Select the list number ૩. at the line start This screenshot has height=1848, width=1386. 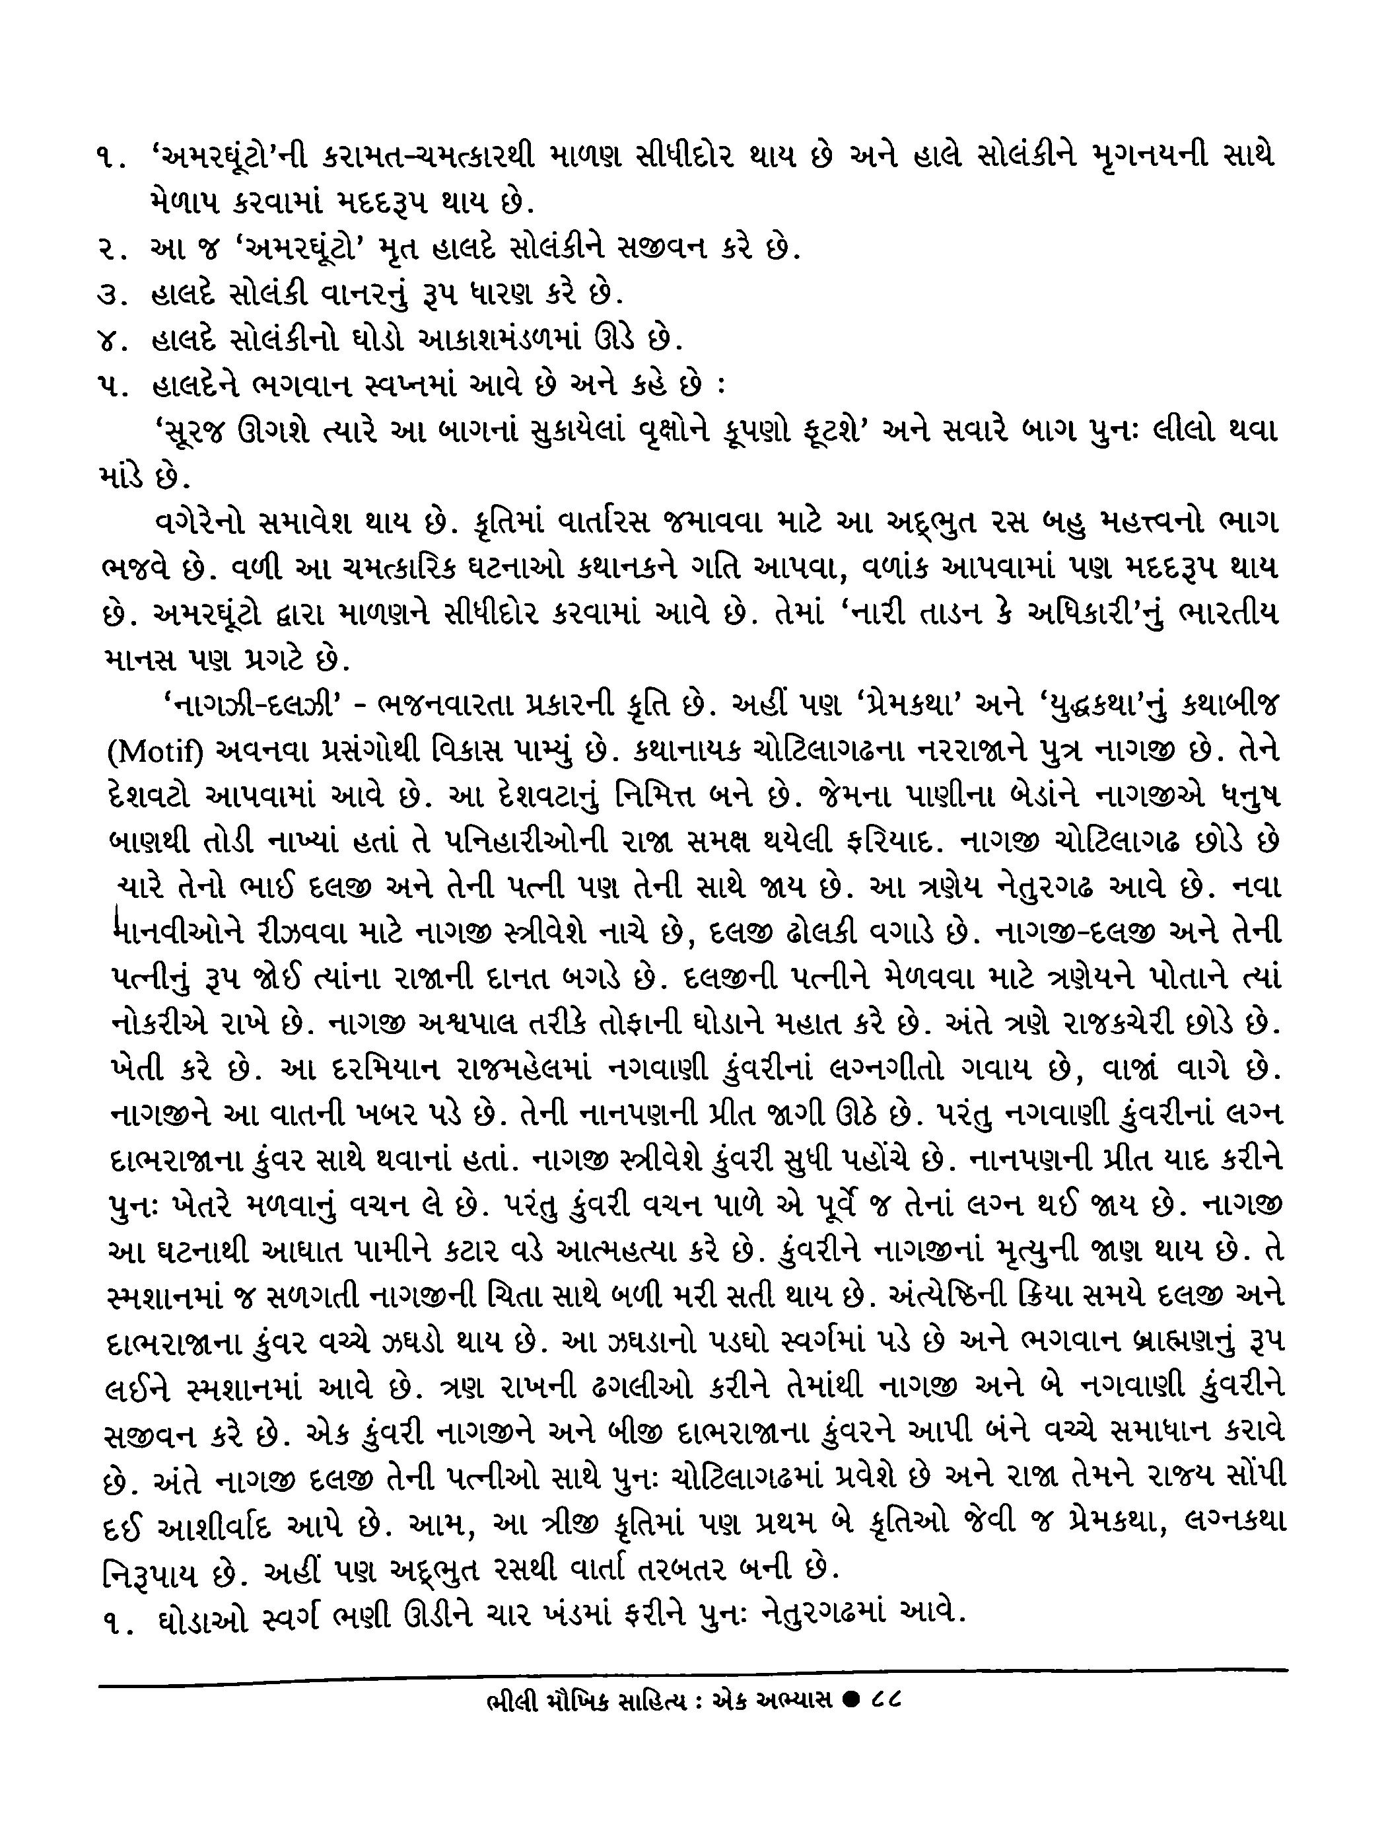click(x=111, y=294)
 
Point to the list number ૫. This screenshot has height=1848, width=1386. click(x=111, y=386)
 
